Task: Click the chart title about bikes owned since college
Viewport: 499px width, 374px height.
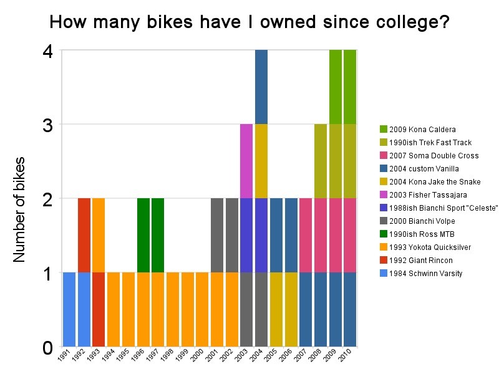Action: point(249,22)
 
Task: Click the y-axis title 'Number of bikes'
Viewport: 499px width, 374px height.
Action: point(20,209)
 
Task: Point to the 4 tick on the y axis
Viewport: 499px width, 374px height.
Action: point(47,50)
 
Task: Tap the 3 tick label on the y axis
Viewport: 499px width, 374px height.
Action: point(47,125)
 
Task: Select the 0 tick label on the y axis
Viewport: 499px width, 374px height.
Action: point(47,347)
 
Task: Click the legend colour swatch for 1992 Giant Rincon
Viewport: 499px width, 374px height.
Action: point(384,261)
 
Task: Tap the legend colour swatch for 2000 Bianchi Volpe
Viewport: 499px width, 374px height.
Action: point(384,221)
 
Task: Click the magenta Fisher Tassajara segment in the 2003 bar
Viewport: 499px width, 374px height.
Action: point(246,161)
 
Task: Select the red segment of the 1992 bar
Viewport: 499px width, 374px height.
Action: point(84,235)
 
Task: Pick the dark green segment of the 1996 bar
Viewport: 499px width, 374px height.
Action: point(143,235)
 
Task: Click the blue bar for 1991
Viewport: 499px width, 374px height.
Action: point(69,309)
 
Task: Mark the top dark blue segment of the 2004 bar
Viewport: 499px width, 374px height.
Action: point(261,87)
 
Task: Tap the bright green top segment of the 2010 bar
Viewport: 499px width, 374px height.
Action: point(350,87)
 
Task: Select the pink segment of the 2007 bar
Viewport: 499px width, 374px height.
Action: point(306,235)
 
